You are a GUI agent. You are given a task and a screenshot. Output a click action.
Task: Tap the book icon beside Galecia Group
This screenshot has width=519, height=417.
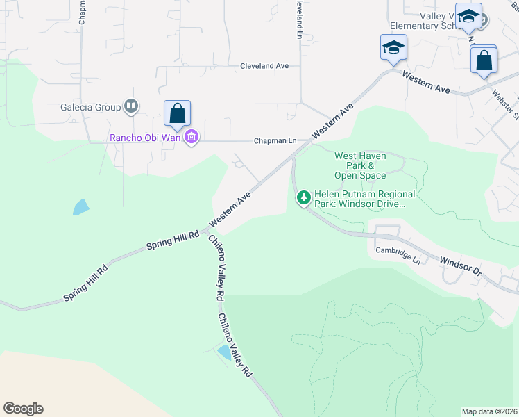(x=131, y=106)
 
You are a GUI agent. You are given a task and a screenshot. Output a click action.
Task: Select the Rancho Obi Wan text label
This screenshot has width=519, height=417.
(x=145, y=137)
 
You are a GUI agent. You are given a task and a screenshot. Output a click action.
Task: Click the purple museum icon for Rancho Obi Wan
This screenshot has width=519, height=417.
(x=192, y=137)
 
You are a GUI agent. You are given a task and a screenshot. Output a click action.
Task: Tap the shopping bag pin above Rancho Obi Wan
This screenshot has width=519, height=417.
(x=177, y=113)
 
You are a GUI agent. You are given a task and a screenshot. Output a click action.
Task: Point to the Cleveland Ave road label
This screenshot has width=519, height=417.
(x=264, y=66)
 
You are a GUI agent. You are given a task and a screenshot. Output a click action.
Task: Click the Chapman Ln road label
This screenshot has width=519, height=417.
(x=275, y=141)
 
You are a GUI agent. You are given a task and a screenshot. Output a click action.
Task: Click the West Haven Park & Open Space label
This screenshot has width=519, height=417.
(x=360, y=165)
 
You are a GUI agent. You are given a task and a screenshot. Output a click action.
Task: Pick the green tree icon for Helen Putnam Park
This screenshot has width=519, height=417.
(x=303, y=198)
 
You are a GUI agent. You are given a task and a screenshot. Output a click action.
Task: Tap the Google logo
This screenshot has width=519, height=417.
(x=23, y=409)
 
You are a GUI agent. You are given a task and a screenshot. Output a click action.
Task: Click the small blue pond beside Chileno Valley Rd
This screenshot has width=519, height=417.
(x=224, y=352)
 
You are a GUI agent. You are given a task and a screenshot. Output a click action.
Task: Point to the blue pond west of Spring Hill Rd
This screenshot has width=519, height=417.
(x=81, y=206)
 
